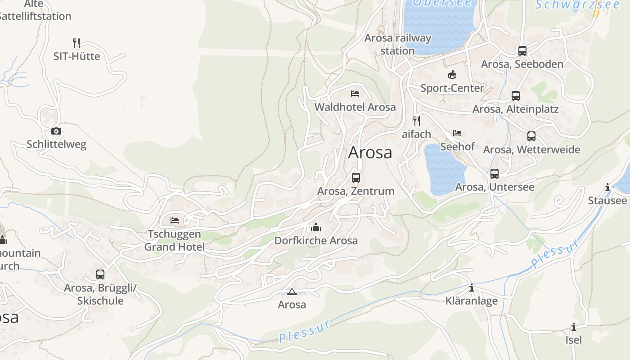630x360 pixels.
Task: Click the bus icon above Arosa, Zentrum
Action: click(356, 177)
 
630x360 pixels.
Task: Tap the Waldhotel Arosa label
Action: click(355, 107)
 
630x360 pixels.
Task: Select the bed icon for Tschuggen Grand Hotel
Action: click(175, 220)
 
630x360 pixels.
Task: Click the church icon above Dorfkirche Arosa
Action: click(316, 227)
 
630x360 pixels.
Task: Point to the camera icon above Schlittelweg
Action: click(56, 131)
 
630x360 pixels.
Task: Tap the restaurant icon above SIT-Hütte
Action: click(76, 43)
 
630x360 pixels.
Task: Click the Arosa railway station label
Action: click(397, 44)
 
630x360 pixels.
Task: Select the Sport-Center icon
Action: click(452, 74)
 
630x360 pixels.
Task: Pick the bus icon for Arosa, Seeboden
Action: click(522, 51)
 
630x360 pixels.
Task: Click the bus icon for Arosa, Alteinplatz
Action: click(516, 96)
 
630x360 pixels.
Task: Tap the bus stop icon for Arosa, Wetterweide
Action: click(531, 136)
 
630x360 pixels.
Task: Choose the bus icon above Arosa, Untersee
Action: click(495, 174)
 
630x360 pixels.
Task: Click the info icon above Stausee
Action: click(607, 187)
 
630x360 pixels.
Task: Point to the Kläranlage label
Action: click(472, 301)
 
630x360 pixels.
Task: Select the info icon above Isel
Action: click(574, 327)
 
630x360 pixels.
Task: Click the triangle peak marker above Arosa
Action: click(292, 292)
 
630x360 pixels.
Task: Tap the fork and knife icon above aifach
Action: click(417, 121)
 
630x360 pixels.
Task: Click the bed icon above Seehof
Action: click(457, 133)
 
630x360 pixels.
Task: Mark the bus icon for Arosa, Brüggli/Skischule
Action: click(100, 274)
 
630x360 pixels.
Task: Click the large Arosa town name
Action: click(370, 152)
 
